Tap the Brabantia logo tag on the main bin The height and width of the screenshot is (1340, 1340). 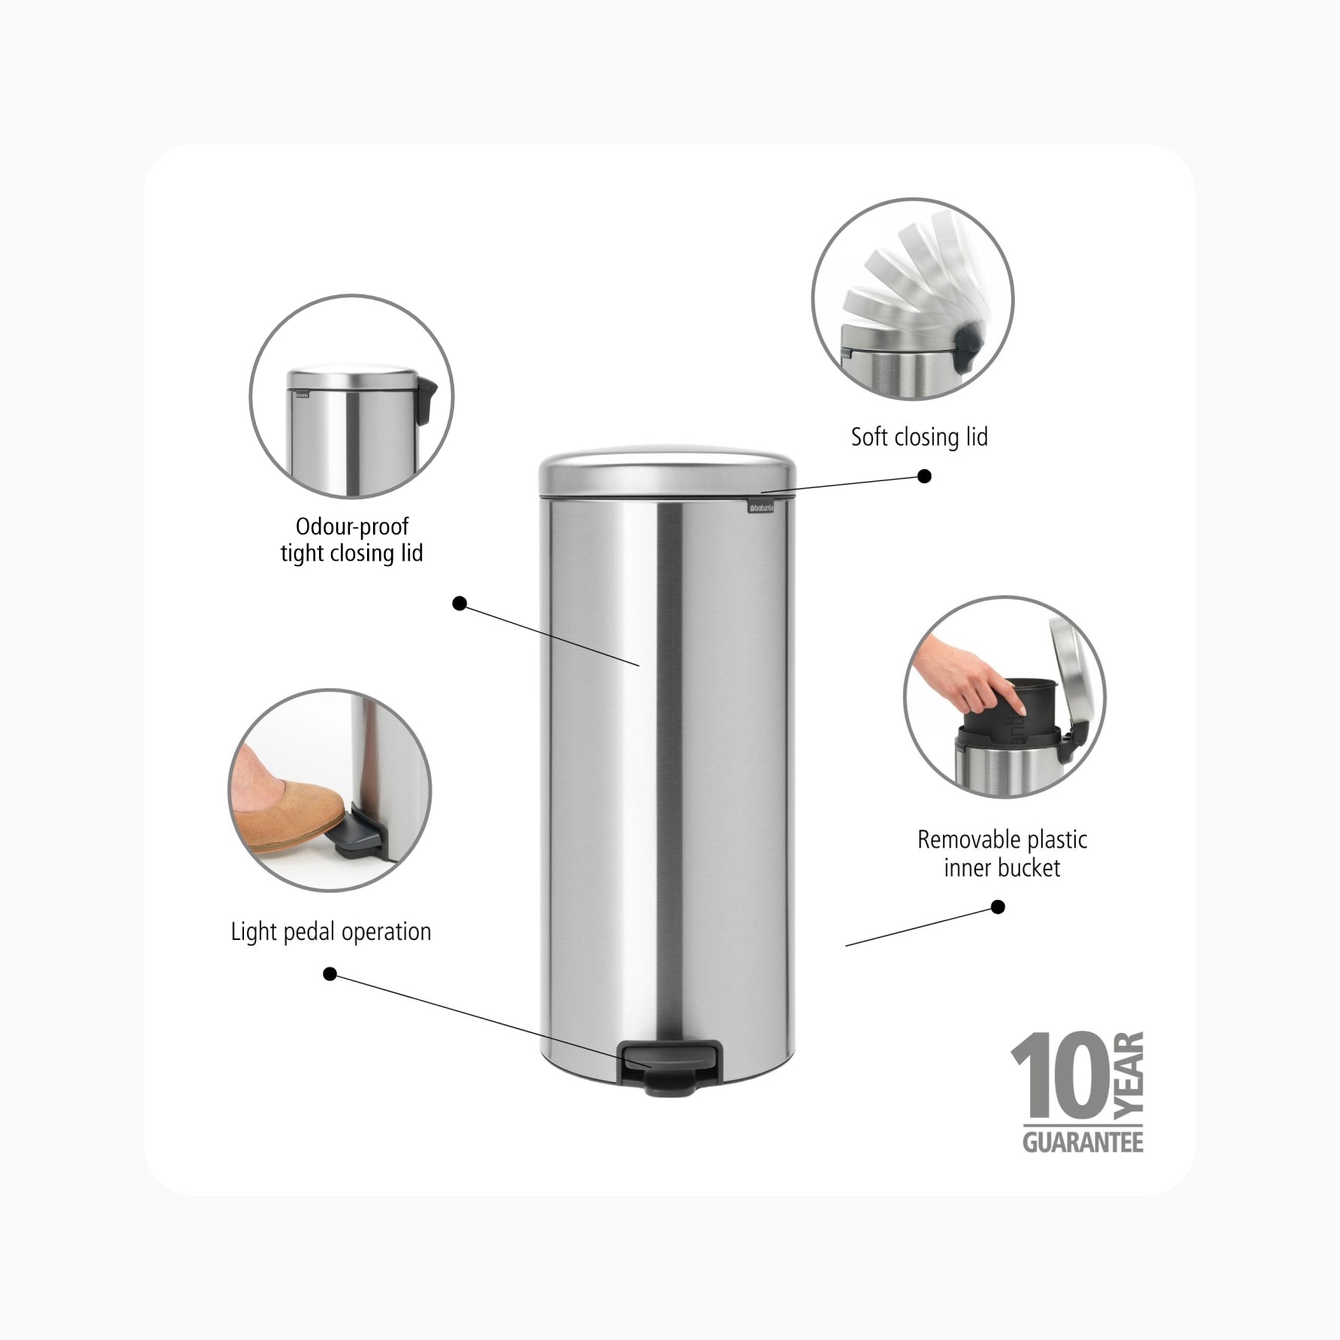[762, 508]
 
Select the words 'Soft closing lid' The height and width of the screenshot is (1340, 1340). [919, 436]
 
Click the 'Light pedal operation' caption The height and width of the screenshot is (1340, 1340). [331, 932]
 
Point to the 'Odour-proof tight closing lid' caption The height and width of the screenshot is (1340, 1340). [352, 540]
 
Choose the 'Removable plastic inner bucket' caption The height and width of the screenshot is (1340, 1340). [1002, 854]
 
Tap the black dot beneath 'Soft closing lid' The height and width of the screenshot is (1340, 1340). [925, 476]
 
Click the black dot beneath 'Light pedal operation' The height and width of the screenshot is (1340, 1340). [330, 974]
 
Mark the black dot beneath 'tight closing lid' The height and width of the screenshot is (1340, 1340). [460, 603]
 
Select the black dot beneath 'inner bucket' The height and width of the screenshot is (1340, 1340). [998, 907]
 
